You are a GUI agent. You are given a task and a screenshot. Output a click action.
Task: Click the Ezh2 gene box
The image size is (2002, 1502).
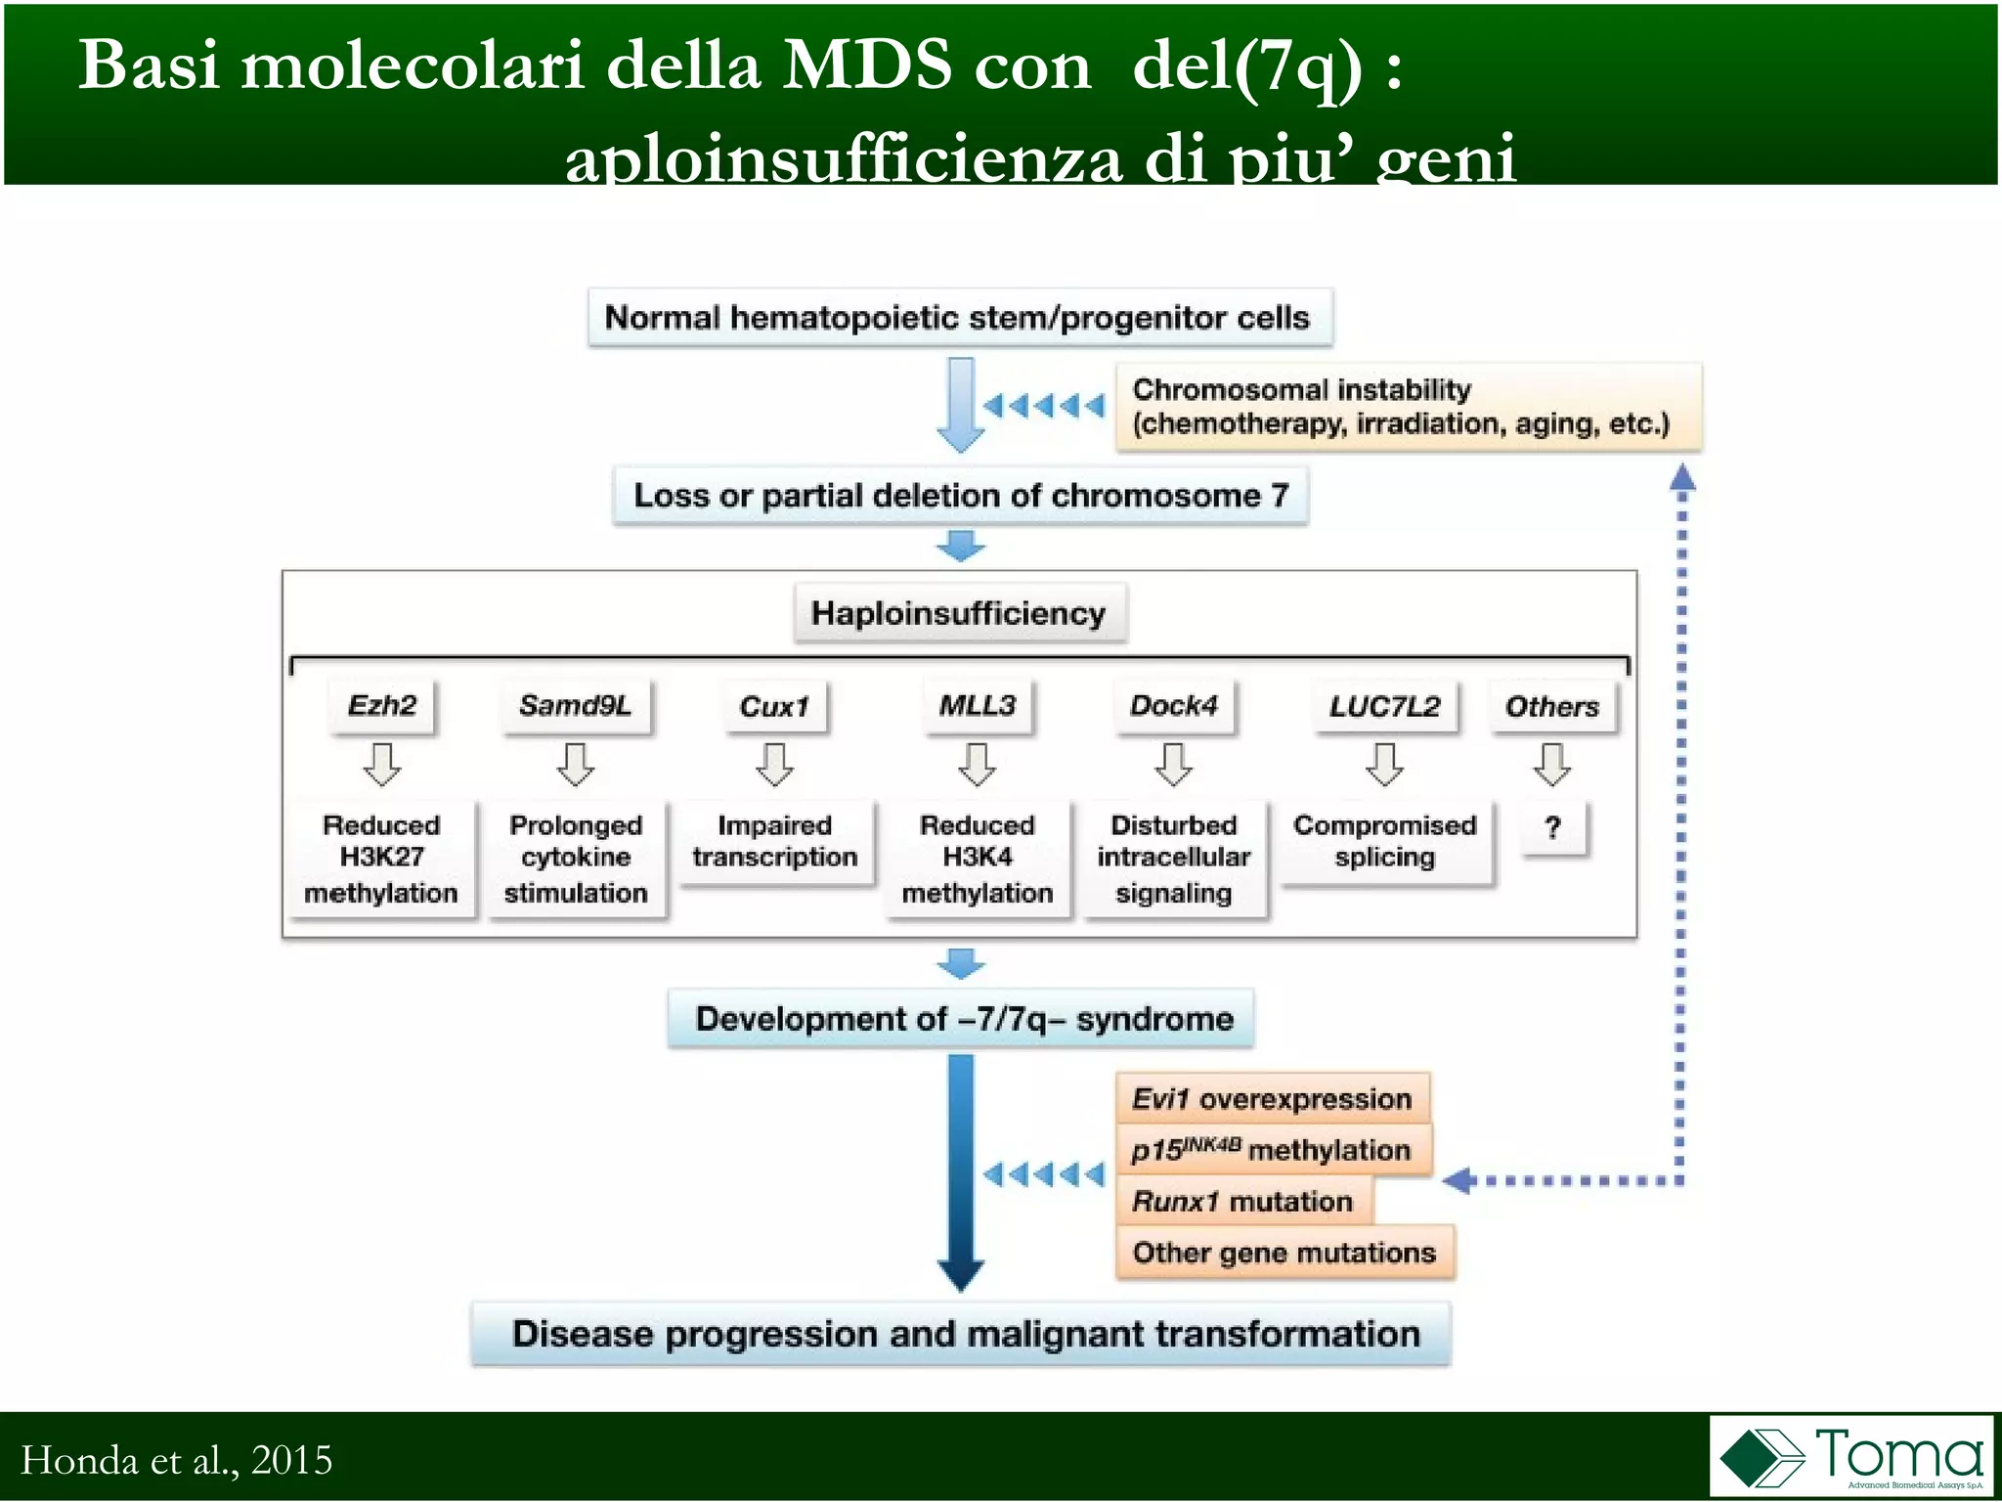[x=382, y=706]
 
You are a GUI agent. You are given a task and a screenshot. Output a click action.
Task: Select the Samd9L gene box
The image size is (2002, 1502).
[x=576, y=706]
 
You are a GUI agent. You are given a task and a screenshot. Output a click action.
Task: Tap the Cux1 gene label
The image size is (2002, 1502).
[x=775, y=707]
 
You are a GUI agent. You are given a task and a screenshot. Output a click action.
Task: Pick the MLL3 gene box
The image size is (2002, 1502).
[x=978, y=706]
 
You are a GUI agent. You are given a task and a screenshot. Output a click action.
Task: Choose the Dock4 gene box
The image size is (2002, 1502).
[x=1174, y=706]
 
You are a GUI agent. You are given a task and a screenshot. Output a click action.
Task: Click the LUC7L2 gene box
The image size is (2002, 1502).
[x=1385, y=706]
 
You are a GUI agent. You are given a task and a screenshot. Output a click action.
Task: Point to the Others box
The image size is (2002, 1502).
[x=1552, y=707]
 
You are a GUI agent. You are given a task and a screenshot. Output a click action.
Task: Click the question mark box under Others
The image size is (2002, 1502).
[x=1553, y=828]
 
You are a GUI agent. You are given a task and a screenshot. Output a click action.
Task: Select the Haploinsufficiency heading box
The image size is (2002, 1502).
[x=959, y=613]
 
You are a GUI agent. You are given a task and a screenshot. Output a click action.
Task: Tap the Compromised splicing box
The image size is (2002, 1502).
[x=1385, y=842]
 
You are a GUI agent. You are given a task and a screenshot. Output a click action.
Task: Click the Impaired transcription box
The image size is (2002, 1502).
[x=775, y=842]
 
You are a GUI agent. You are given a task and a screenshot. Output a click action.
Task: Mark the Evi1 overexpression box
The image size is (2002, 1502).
[x=1272, y=1099]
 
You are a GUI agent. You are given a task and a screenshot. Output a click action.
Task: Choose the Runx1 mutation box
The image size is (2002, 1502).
[x=1242, y=1201]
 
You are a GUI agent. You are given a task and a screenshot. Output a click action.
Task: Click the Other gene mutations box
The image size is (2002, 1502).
[x=1284, y=1253]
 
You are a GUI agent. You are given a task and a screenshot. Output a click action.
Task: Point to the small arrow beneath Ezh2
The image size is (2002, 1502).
[x=382, y=765]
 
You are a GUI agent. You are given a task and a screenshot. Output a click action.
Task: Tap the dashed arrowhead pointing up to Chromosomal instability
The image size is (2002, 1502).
[x=1682, y=477]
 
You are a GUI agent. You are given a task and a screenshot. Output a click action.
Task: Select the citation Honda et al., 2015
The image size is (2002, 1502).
[x=177, y=1460]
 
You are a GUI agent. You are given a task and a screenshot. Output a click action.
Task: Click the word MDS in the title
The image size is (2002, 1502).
[x=867, y=66]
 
